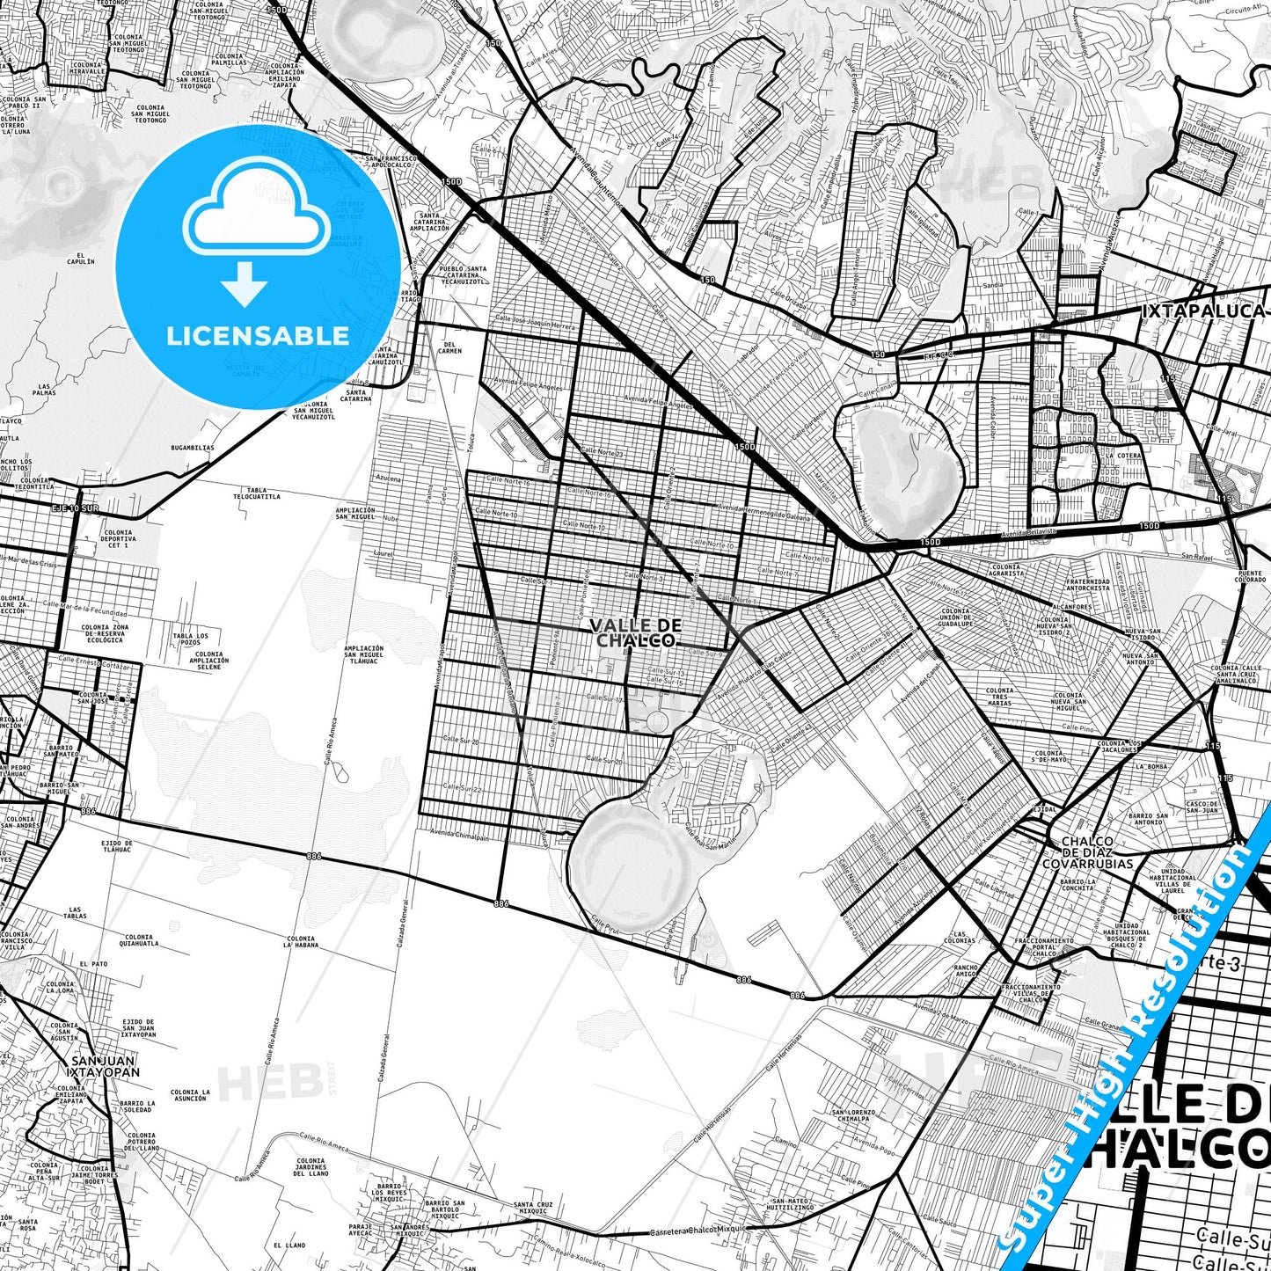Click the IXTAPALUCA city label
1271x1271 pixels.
(x=1202, y=310)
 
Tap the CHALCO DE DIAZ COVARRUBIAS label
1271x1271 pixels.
(x=1088, y=852)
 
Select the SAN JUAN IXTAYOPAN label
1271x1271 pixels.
(x=104, y=1066)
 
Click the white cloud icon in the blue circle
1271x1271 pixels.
(x=256, y=215)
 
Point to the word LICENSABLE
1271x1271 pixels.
(x=258, y=336)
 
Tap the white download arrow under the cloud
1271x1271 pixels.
(x=245, y=283)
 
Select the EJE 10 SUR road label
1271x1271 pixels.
(x=75, y=508)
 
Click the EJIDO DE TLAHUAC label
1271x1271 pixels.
(x=117, y=846)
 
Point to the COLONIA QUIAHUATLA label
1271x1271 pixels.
(x=142, y=940)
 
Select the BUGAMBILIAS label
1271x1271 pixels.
(x=193, y=448)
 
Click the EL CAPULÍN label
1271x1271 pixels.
(x=80, y=259)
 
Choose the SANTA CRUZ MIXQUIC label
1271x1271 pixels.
(x=533, y=1208)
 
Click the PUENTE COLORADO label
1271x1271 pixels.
(x=1250, y=577)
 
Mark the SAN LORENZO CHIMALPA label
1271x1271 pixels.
(x=852, y=1115)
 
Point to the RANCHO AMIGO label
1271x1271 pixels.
(x=965, y=970)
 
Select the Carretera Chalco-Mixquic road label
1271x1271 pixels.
(x=698, y=1230)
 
